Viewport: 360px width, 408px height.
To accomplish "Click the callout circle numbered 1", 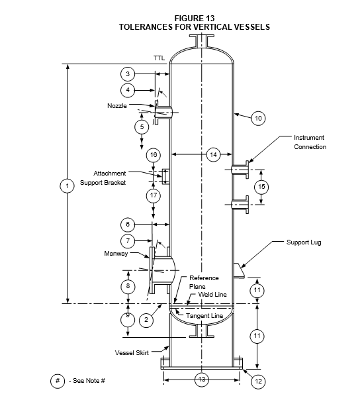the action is point(67,186).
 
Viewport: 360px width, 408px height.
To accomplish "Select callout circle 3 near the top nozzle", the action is point(128,74).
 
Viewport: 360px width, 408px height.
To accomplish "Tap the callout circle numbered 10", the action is point(258,119).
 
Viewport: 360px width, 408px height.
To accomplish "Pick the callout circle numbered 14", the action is point(213,154).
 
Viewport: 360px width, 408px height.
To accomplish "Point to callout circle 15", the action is point(261,187).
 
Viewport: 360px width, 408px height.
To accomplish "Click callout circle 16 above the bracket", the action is point(154,155).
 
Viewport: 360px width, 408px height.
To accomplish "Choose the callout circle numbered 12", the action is point(258,382).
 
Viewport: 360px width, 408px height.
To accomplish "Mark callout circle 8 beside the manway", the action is point(128,286).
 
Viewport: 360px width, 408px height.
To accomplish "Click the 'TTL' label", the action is point(159,58).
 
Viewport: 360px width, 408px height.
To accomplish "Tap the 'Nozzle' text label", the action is point(117,106).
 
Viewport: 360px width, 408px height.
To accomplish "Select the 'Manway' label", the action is point(116,254).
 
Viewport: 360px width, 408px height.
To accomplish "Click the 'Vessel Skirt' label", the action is point(132,353).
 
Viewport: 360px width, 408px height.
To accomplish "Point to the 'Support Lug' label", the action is point(304,242).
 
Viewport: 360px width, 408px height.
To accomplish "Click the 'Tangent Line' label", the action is point(204,316).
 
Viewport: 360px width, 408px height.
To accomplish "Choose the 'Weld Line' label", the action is point(212,295).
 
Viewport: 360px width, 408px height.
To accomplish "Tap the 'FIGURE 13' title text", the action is point(195,19).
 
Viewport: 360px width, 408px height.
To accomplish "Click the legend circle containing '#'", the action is point(58,382).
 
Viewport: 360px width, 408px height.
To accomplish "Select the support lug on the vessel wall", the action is point(239,271).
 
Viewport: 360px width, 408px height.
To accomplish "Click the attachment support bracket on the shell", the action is point(165,177).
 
